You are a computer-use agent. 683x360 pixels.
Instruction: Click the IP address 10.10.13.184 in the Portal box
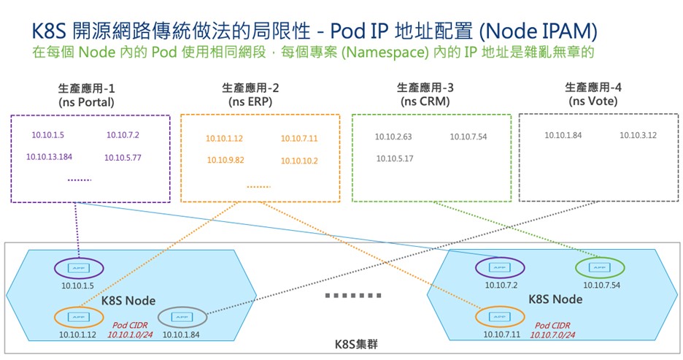coord(49,157)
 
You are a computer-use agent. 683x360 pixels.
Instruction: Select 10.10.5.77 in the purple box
coord(123,157)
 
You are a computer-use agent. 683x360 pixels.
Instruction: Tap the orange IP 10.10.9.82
coord(225,160)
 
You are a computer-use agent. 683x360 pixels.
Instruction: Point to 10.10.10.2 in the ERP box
coord(299,160)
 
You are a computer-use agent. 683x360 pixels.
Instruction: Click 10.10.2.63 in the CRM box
coord(393,137)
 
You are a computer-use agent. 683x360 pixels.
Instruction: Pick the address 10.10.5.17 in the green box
coord(395,158)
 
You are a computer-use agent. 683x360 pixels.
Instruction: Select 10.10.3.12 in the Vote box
coord(638,135)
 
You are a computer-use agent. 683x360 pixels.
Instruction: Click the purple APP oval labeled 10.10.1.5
coord(79,268)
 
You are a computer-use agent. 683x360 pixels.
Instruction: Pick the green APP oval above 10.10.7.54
coord(599,268)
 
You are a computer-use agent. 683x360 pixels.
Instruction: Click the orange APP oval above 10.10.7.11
coord(500,317)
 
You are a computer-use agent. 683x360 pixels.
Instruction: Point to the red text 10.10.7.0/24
coord(552,334)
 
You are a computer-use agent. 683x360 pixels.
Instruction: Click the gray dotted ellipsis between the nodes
coord(353,296)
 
